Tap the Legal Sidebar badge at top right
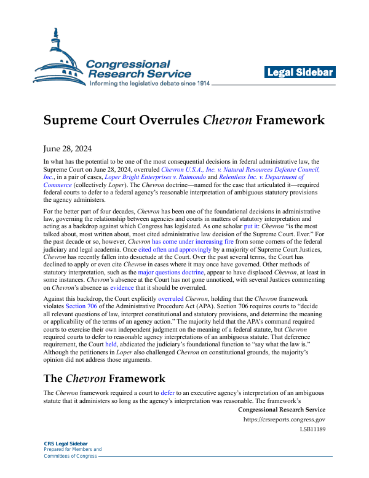tap(300, 73)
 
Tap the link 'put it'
tap(252, 226)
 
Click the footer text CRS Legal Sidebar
tap(66, 443)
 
